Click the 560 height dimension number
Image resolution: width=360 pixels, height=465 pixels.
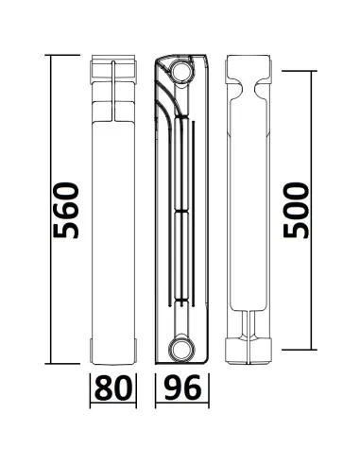click(67, 210)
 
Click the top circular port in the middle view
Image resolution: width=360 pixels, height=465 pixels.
click(179, 71)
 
